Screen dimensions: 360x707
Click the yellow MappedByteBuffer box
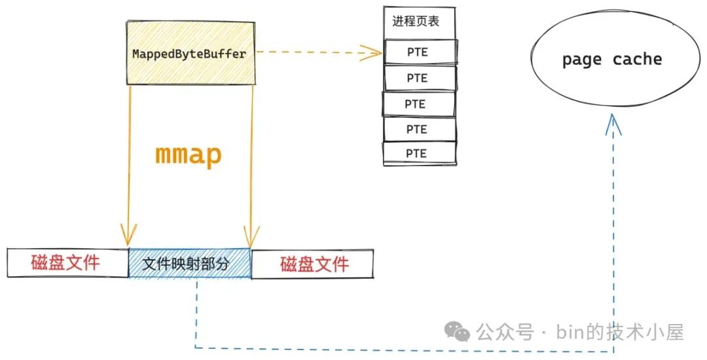190,53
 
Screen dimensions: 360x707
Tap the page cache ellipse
611,60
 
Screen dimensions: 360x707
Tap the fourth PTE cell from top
417,129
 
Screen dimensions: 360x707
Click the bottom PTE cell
417,153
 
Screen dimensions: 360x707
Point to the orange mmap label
188,155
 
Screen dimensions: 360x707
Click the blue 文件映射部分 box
190,264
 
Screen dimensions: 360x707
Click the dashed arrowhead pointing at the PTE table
374,52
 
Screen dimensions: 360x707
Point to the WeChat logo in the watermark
457,331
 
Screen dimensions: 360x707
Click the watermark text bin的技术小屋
620,332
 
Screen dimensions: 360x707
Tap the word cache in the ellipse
638,60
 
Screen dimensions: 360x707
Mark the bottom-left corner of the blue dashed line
196,347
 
